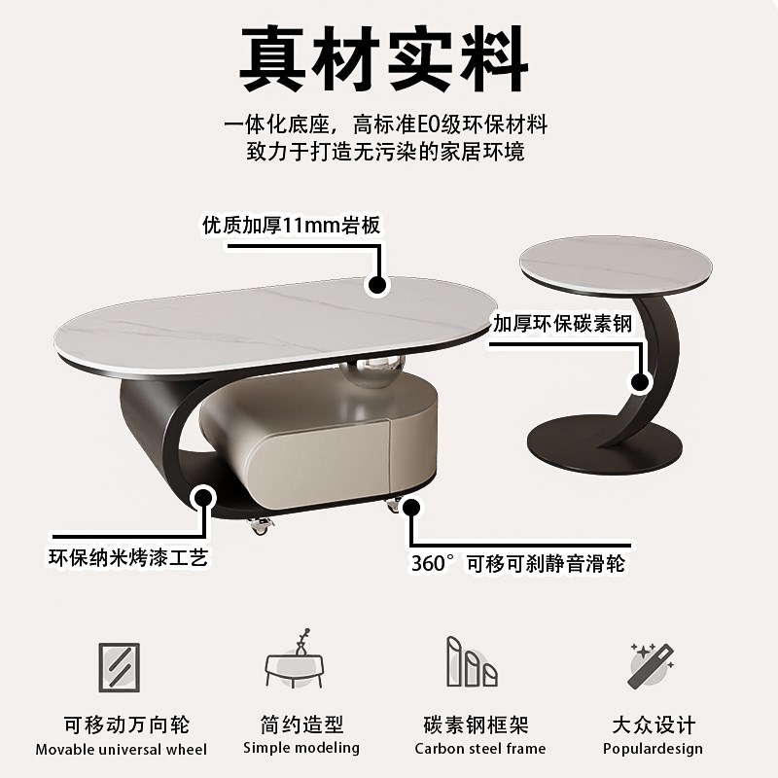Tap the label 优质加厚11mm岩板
[x=291, y=226]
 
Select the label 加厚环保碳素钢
[x=562, y=324]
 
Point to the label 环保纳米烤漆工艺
[x=128, y=557]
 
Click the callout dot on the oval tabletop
[x=377, y=285]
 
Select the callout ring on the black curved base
[x=203, y=498]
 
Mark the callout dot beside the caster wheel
[x=411, y=507]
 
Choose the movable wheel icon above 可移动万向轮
[x=119, y=668]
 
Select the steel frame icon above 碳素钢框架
[x=472, y=663]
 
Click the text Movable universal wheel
[x=122, y=749]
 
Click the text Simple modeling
[x=301, y=748]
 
